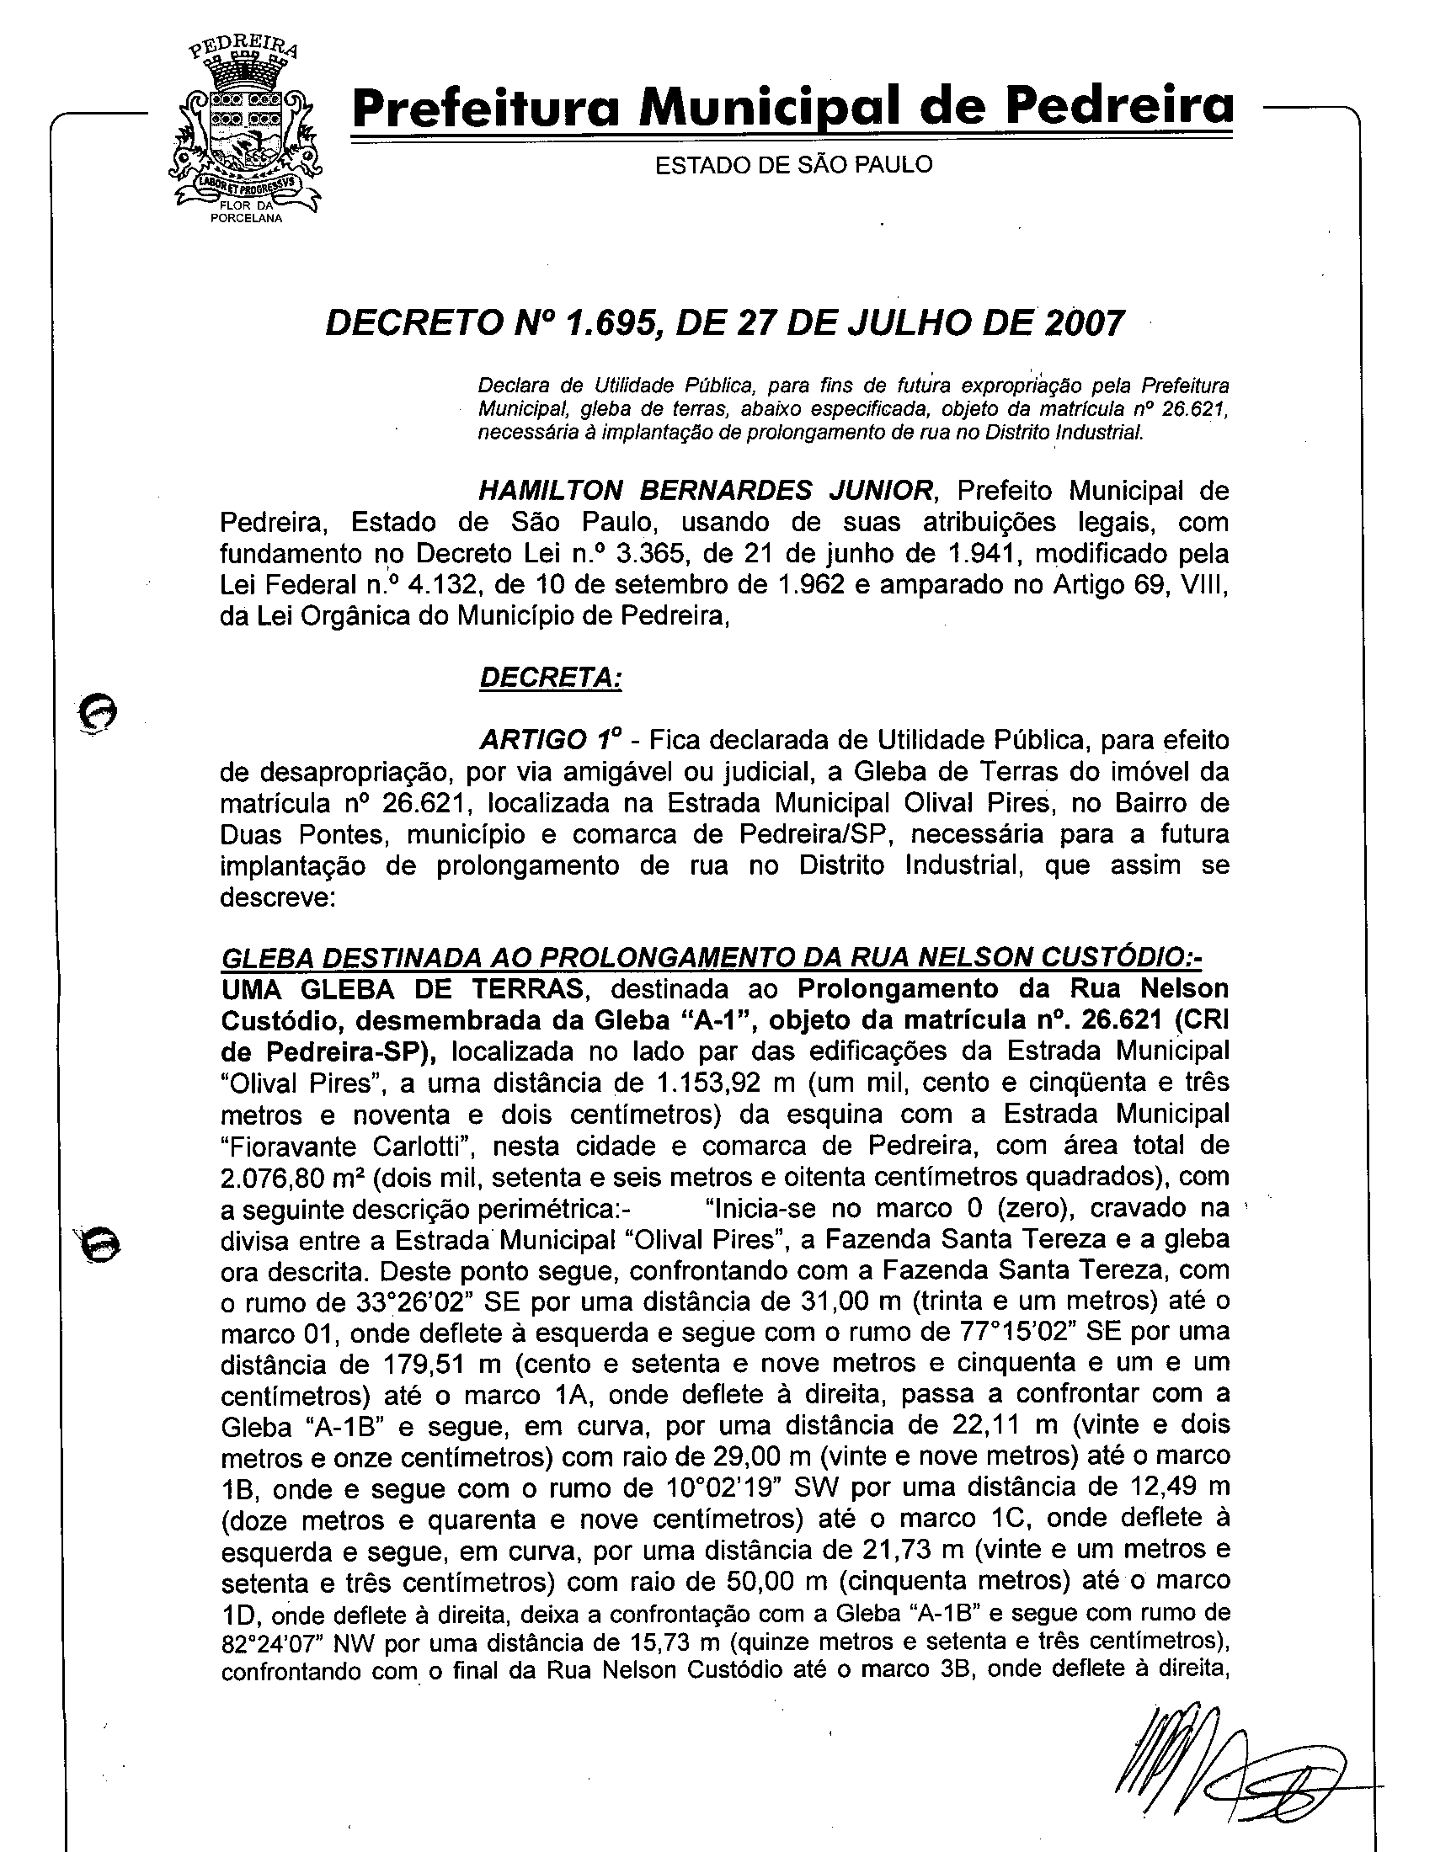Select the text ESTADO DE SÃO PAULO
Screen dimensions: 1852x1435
pyautogui.click(x=793, y=164)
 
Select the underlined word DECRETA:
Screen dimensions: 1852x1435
pyautogui.click(x=551, y=678)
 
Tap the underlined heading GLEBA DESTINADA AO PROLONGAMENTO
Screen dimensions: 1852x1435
pyautogui.click(x=711, y=957)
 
